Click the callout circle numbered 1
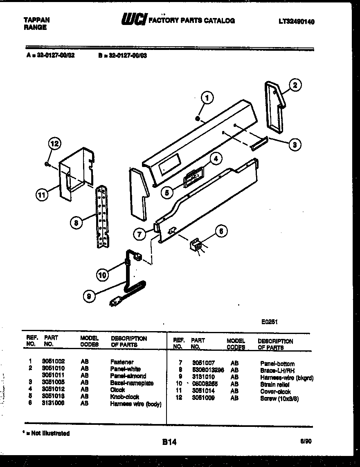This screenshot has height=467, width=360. pyautogui.click(x=207, y=98)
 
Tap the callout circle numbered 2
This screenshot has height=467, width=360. pyautogui.click(x=295, y=85)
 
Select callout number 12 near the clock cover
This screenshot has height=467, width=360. pyautogui.click(x=54, y=143)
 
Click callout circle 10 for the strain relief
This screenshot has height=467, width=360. pyautogui.click(x=103, y=275)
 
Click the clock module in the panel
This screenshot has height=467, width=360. pyautogui.click(x=192, y=178)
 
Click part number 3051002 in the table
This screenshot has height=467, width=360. pyautogui.click(x=53, y=361)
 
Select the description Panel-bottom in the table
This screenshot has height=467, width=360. pyautogui.click(x=277, y=363)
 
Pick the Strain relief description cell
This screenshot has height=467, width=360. pyautogui.click(x=274, y=385)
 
